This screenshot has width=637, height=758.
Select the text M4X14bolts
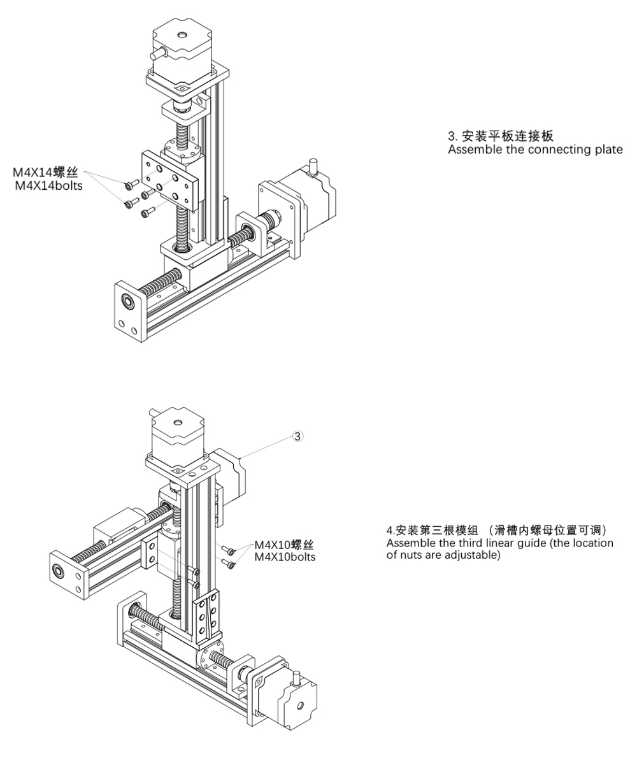pyautogui.click(x=48, y=186)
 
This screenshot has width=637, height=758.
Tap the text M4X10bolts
pyautogui.click(x=285, y=557)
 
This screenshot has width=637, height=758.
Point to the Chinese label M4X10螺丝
pyautogui.click(x=285, y=545)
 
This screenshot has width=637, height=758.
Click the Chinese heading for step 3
pyautogui.click(x=500, y=136)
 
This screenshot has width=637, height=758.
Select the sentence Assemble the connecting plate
pyautogui.click(x=535, y=150)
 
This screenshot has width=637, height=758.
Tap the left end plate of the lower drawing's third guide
pyautogui.click(x=67, y=573)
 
